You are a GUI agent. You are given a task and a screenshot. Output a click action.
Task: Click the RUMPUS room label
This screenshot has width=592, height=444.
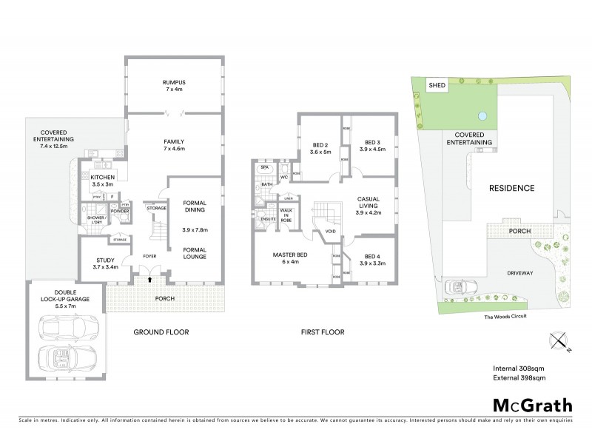[175, 83]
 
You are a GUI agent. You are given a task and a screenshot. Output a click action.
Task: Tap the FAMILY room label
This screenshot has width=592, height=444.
[175, 141]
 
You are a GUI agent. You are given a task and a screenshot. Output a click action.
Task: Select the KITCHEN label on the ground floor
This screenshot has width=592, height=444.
[101, 178]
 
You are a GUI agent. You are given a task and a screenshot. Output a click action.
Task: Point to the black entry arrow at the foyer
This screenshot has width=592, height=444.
[150, 280]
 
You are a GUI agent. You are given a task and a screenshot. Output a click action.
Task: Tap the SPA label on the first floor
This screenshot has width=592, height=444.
[264, 169]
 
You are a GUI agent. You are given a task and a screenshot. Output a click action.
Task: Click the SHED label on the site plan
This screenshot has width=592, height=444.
[437, 85]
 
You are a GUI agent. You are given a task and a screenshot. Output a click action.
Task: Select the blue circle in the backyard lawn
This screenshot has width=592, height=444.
[482, 115]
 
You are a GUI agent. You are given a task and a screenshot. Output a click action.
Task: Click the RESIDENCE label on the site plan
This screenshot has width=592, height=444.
[511, 188]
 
